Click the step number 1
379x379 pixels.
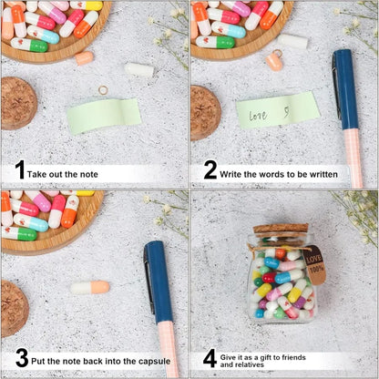coord(19,170)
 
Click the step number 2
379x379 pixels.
coord(210,170)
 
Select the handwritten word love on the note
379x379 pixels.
coord(258,116)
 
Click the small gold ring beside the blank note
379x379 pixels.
coord(103,89)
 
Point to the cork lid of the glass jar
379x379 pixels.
coord(281,230)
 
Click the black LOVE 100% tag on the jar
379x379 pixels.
coord(312,263)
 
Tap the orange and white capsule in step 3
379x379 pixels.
coord(90,288)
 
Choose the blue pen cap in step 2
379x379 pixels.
coord(346,88)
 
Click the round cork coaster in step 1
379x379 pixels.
coord(17,103)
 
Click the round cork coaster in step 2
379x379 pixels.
coord(205,111)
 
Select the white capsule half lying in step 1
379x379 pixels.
coord(138,69)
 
